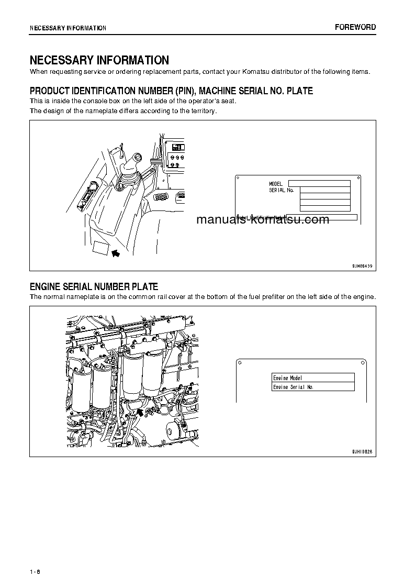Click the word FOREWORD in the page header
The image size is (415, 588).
click(x=355, y=27)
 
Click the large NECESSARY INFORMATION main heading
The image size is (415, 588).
click(x=99, y=60)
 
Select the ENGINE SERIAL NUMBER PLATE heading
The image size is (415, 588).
click(x=94, y=286)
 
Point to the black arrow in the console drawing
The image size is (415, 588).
click(x=116, y=253)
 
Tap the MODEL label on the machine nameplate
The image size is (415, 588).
click(x=276, y=184)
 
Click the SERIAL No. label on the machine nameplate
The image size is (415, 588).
click(x=282, y=190)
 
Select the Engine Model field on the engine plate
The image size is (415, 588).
click(x=313, y=378)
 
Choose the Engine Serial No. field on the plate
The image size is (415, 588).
click(x=313, y=387)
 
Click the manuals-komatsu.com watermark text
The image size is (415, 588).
click(x=263, y=220)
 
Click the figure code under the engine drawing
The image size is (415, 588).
click(x=362, y=451)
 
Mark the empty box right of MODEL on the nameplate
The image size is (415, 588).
click(x=319, y=183)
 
